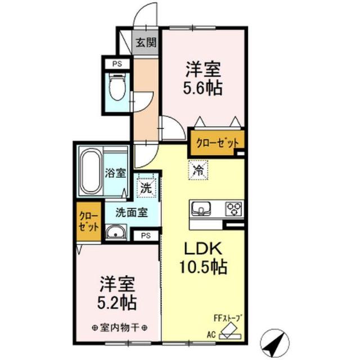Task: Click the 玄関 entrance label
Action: click(146, 43)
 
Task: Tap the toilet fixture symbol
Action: click(118, 87)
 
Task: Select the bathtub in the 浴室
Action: click(91, 171)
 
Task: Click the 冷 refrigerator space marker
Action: click(198, 170)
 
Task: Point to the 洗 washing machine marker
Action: click(146, 188)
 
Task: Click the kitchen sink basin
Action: click(201, 209)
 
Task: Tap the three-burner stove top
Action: click(234, 209)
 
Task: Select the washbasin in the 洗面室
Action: click(116, 232)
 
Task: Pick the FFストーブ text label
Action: click(228, 318)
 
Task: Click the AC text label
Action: click(211, 335)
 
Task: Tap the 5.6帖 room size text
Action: click(203, 88)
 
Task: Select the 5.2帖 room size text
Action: click(117, 303)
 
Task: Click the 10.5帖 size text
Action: click(204, 267)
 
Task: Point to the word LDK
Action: click(204, 248)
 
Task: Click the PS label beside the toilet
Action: click(117, 64)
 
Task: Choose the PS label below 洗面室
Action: click(146, 236)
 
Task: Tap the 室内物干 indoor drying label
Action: click(119, 328)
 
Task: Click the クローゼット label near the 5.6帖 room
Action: click(217, 143)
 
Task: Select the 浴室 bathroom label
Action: click(115, 173)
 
